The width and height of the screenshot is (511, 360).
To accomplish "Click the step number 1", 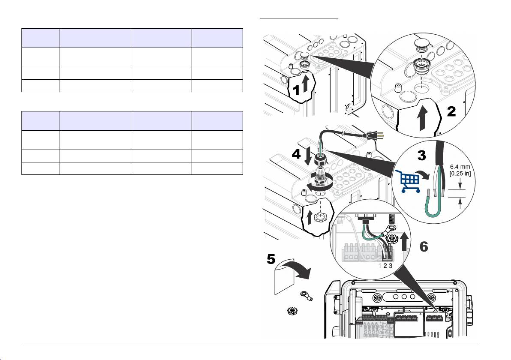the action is pos(296,90).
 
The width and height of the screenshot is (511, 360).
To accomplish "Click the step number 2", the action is pos(451,111).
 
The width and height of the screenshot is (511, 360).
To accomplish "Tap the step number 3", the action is pos(422,155).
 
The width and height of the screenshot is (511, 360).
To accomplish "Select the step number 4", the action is pos(296,154).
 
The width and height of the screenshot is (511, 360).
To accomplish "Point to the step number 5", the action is pos(271,259).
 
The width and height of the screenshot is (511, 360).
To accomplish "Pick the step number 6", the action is pos(424,246).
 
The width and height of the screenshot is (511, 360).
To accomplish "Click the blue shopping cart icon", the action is pos(407,180).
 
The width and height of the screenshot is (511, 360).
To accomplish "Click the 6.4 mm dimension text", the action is pos(460,167).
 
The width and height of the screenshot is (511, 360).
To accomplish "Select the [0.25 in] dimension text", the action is pos(460,173).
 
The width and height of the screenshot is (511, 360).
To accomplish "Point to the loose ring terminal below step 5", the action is pos(307,295).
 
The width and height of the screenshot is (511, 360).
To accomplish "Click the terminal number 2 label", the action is pos(385,266).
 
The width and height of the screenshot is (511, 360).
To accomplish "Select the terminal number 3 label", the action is pos(390,266).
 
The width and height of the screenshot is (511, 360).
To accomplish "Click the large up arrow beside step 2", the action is pos(422,119).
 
